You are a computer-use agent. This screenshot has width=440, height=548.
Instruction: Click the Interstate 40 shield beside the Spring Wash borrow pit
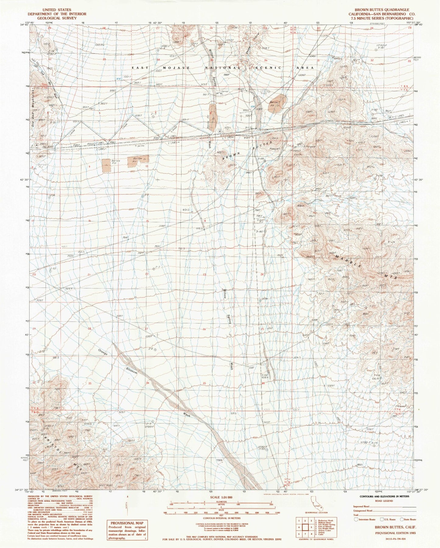pyautogui.click(x=220, y=131)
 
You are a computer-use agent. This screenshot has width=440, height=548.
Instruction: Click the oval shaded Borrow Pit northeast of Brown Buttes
pyautogui.click(x=279, y=104)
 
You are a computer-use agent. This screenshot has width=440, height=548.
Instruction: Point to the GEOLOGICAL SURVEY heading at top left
pyautogui.click(x=57, y=18)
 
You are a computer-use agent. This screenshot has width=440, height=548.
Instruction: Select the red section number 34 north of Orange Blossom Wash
pyautogui.click(x=148, y=383)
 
